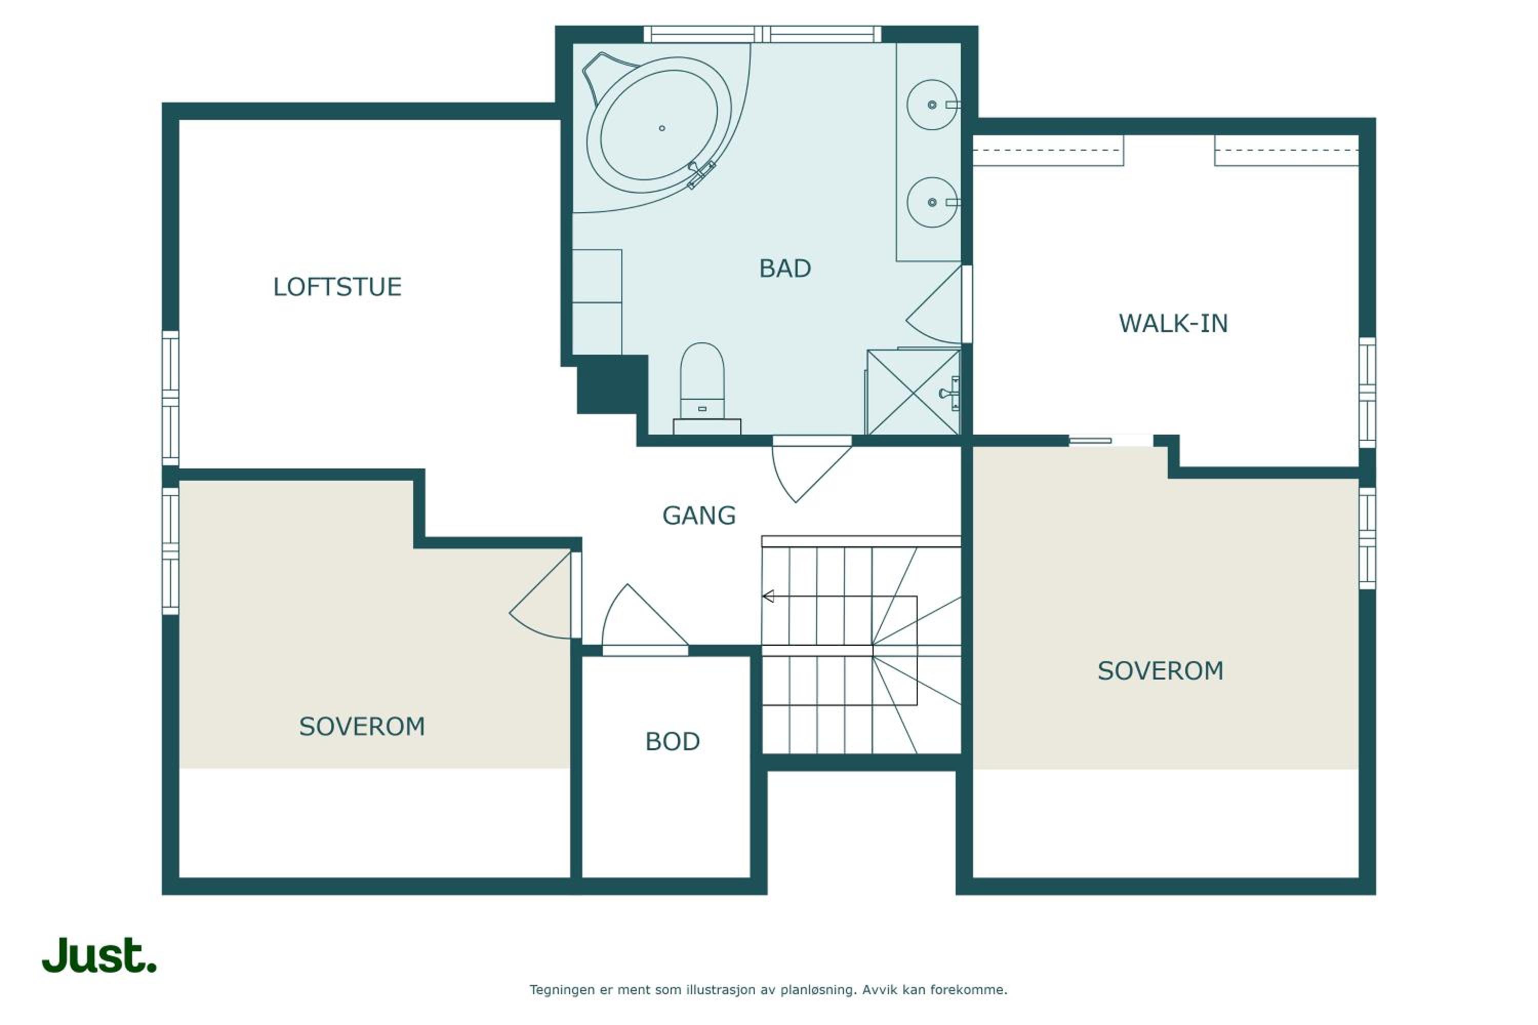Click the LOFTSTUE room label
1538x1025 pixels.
pos(337,287)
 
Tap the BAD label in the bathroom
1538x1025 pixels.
pos(785,269)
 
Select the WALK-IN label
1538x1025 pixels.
pos(1173,323)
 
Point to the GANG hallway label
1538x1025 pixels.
pos(699,516)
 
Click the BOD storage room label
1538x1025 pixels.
pos(672,741)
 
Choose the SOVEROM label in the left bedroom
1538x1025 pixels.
pos(361,726)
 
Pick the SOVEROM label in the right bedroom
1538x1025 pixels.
pos(1160,671)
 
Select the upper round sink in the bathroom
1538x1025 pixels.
pos(933,105)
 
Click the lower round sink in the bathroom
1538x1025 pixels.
pos(933,202)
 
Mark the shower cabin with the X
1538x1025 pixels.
pos(913,392)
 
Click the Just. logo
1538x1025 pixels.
pos(99,956)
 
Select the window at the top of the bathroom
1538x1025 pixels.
pos(762,34)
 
